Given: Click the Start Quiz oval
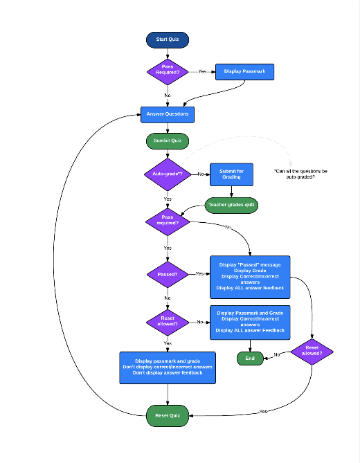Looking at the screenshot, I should (x=167, y=39).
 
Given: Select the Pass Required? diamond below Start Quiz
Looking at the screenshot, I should (x=167, y=71).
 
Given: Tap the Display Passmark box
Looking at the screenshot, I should (x=245, y=71).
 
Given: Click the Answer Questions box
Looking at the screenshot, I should (x=167, y=114).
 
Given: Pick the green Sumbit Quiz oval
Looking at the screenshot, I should (x=167, y=141).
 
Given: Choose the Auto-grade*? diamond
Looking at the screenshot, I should (x=167, y=174).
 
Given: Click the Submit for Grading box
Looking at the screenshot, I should (x=231, y=174).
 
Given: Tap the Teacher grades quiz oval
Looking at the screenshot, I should (x=231, y=205).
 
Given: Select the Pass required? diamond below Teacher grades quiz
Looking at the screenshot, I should (x=167, y=221).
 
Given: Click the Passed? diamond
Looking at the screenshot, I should (x=167, y=274).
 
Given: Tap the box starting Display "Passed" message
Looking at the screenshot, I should (x=250, y=277).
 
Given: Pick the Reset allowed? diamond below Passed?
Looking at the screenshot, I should (x=167, y=322).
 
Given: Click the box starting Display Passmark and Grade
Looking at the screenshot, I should (x=250, y=322).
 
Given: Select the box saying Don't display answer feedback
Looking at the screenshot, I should (x=168, y=367).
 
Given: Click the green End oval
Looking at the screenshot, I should (x=250, y=358).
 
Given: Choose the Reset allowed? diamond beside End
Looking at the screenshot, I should (x=312, y=351).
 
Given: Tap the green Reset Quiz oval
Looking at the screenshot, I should (x=167, y=415).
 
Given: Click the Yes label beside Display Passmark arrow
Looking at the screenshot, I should (x=202, y=71).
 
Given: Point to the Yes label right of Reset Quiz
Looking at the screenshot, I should (x=263, y=412).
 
